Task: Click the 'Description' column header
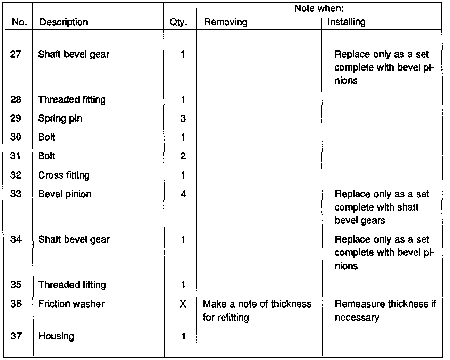tap(64, 22)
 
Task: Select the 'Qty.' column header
tap(178, 23)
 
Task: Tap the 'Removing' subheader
tap(225, 22)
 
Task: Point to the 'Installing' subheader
tap(346, 22)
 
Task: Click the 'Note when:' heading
tap(319, 8)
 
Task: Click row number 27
tap(16, 54)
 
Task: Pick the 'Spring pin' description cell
tap(60, 118)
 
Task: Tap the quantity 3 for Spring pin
tap(183, 118)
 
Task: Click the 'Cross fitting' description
tap(64, 175)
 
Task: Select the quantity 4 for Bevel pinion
tap(183, 194)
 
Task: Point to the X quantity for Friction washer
tap(183, 304)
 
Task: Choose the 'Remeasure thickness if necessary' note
tap(385, 310)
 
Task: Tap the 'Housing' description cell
tap(56, 336)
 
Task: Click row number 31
tap(16, 156)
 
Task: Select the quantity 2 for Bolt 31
tap(183, 156)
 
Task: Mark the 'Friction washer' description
tap(71, 304)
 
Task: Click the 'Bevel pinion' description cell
tap(65, 194)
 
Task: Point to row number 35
tap(16, 285)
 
